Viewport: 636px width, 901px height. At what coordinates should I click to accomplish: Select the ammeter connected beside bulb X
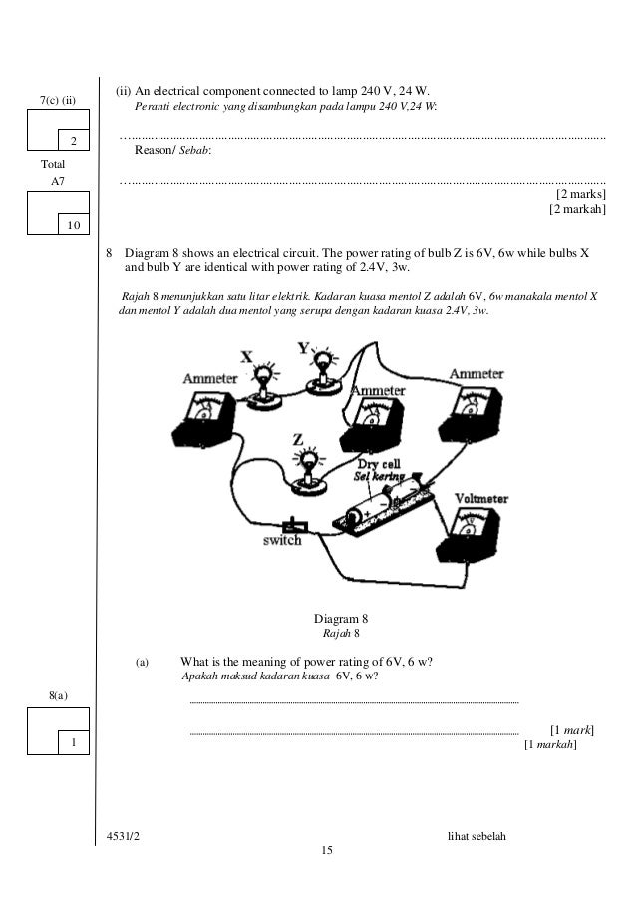point(207,414)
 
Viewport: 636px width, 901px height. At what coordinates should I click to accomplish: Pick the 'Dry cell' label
point(381,464)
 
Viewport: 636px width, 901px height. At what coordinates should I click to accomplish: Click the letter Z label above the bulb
point(297,438)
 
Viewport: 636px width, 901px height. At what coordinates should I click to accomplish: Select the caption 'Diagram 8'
point(341,617)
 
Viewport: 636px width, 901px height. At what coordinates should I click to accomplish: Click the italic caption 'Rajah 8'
point(341,633)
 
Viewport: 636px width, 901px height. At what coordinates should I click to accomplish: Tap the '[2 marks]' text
point(580,193)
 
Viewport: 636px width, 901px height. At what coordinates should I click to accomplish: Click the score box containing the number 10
point(73,225)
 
